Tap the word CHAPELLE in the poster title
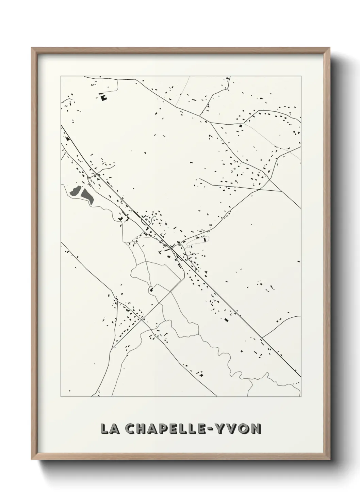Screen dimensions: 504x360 click(169, 429)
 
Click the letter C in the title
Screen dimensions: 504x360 click(131, 429)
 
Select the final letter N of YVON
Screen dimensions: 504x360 click(257, 429)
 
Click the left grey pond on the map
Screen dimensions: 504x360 click(75, 191)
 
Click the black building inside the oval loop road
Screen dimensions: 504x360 click(204, 239)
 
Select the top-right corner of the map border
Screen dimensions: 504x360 click(301, 76)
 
